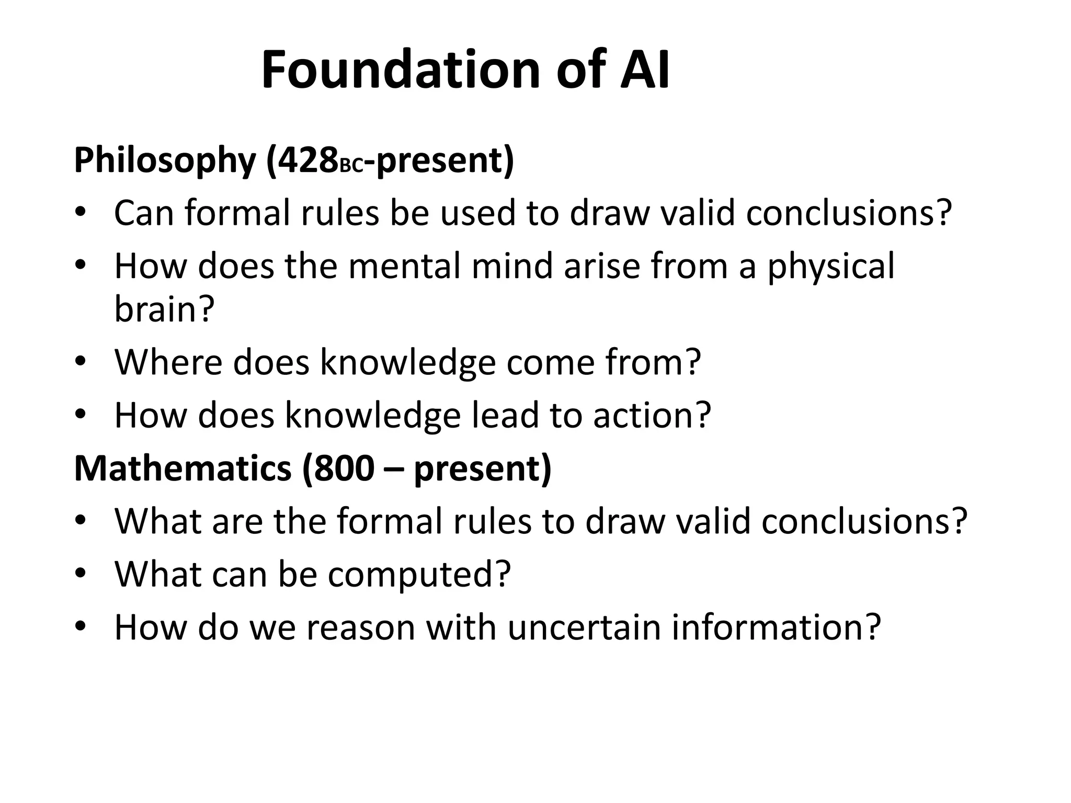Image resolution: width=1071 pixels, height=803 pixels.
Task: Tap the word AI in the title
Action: coord(644,70)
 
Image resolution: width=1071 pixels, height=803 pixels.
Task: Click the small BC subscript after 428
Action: coord(351,166)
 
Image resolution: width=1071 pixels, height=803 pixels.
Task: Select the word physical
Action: coord(831,267)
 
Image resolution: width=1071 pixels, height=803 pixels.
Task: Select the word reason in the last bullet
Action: coord(361,628)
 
